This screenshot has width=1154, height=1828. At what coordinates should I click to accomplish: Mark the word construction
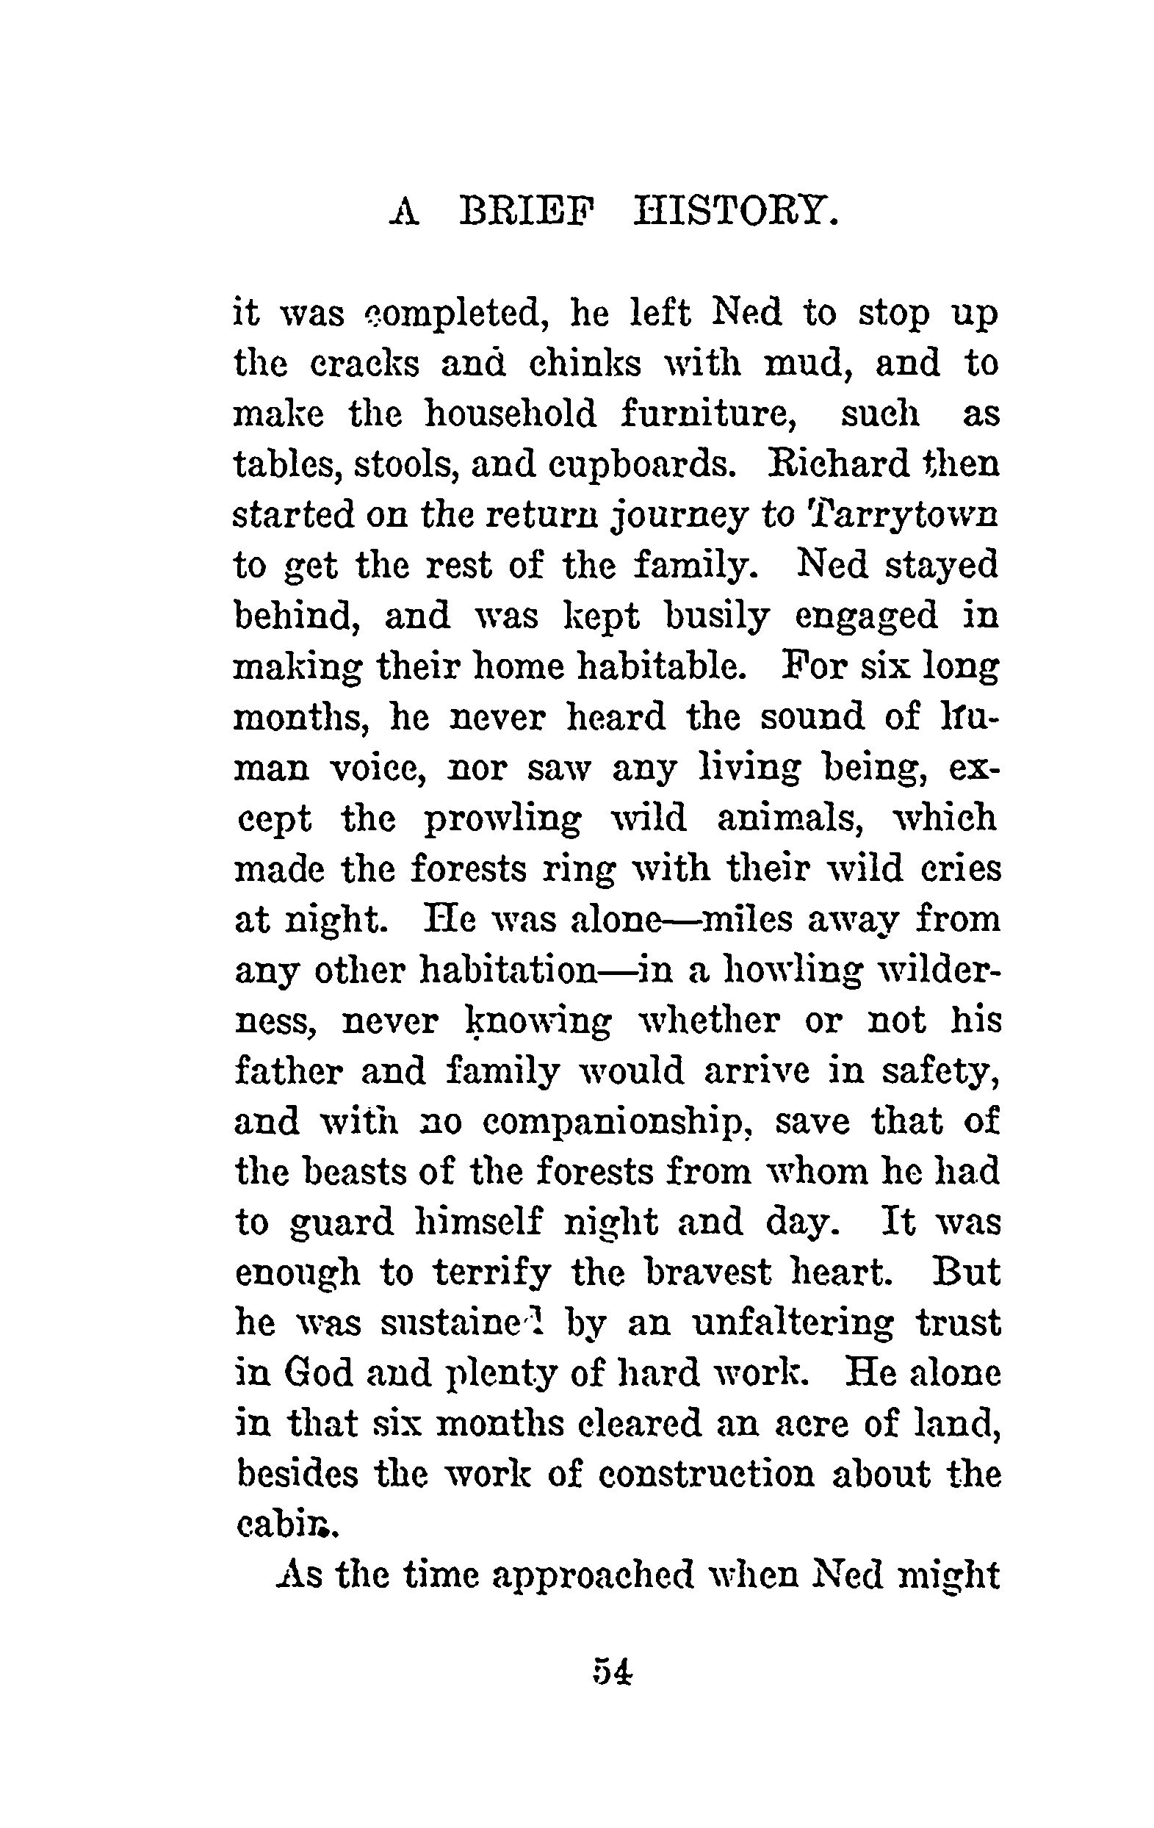tap(706, 1477)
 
